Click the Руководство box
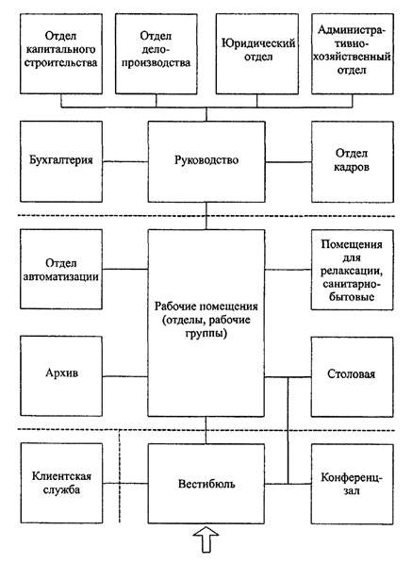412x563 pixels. coord(206,161)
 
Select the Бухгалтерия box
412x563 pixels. coord(61,161)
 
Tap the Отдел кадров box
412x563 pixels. coord(352,161)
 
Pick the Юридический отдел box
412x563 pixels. coord(257,54)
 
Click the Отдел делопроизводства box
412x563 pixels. coord(157,54)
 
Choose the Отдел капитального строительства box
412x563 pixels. coord(61,54)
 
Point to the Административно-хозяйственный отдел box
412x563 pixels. coord(352,54)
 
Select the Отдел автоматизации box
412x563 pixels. coord(61,270)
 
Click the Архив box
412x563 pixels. coord(61,376)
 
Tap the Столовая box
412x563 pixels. coord(352,376)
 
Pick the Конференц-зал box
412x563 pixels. coord(352,484)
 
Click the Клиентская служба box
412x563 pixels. coord(61,483)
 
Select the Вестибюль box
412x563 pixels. coord(206,483)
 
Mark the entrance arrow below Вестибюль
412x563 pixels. coord(206,538)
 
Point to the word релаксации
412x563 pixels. coord(351,271)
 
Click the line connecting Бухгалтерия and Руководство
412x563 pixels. coord(125,161)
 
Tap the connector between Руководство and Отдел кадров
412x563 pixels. coord(288,162)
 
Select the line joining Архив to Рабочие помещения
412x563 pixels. coord(125,376)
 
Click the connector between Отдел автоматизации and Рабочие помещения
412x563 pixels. coord(125,269)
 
